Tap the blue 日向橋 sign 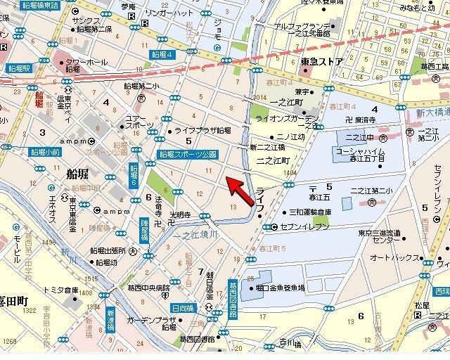click(x=182, y=308)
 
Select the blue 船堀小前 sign click(x=44, y=151)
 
